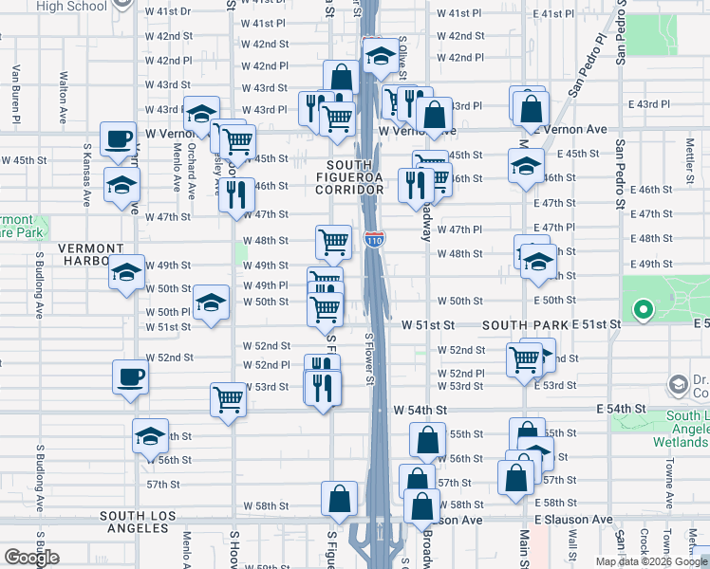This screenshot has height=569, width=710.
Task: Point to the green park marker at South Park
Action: click(x=643, y=309)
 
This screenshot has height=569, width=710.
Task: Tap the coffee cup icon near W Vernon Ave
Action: click(x=120, y=139)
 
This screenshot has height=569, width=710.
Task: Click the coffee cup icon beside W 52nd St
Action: click(x=131, y=376)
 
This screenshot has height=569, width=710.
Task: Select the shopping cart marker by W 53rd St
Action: click(x=229, y=399)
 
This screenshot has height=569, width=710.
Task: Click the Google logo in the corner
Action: click(x=31, y=558)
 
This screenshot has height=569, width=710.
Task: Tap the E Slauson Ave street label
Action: click(x=573, y=520)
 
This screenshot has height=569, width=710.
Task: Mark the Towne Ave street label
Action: click(x=670, y=480)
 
